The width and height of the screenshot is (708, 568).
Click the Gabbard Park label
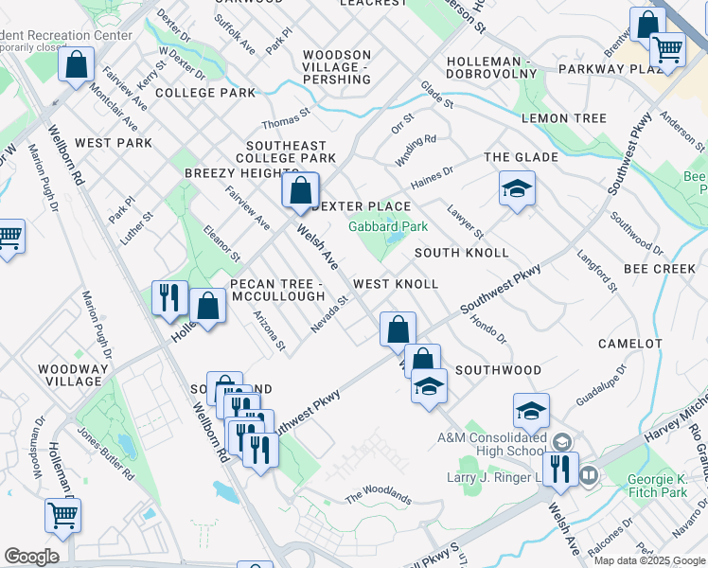coord(388,226)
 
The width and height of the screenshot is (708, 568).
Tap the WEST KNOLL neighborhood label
coord(396,284)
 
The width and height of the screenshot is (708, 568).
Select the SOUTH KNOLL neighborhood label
coord(461,253)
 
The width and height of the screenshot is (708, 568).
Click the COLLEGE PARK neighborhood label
coord(205,93)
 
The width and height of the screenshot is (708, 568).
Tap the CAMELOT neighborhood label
coord(630,343)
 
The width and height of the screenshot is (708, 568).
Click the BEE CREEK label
coord(661,270)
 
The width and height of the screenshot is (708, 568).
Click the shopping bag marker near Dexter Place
coord(300,190)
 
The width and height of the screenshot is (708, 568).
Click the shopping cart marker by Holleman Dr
coord(63,516)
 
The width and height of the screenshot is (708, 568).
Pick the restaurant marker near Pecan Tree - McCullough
coord(170,297)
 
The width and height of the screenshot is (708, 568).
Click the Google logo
coord(31,557)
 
